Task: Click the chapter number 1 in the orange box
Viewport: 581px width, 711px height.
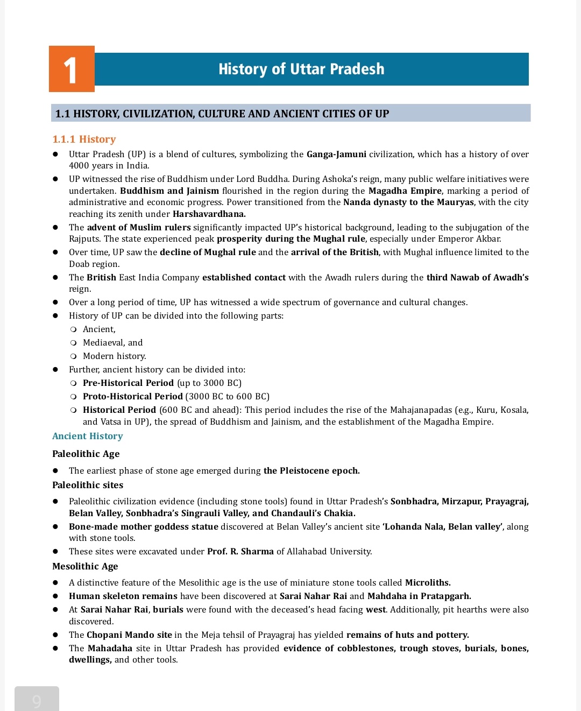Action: [71, 71]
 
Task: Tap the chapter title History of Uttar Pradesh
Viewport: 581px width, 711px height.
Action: [301, 69]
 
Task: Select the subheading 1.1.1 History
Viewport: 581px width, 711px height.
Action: [84, 139]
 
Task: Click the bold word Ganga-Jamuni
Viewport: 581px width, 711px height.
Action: [336, 154]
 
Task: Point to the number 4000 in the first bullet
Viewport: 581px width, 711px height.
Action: [80, 166]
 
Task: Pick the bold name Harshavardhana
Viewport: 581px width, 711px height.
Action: [209, 214]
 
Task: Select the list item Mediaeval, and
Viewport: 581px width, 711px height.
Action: [112, 342]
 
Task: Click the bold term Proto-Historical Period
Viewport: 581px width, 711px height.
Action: [132, 396]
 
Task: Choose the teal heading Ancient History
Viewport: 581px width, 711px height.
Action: [88, 436]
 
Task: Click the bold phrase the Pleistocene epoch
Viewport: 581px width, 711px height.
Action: [311, 470]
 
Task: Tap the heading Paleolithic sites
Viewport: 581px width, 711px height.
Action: [88, 485]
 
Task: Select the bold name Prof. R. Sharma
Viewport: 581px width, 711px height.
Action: [240, 551]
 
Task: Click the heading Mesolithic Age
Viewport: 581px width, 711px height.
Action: [85, 566]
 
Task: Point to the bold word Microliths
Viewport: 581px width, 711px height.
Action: [428, 582]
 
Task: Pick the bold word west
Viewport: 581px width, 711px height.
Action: [375, 609]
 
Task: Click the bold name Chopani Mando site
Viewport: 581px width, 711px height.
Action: [129, 635]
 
